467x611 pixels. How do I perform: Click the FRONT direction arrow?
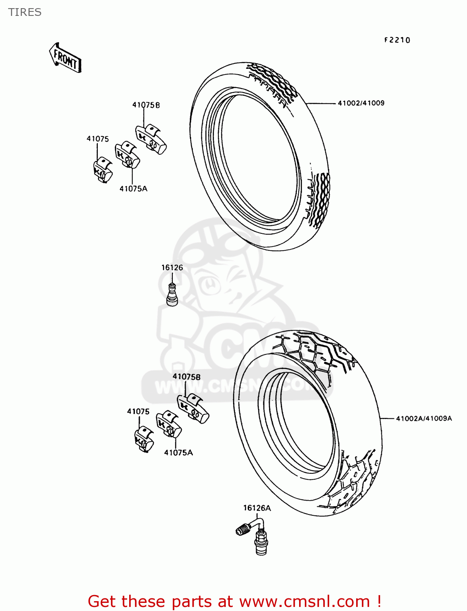(x=65, y=58)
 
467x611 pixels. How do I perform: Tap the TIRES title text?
(x=25, y=12)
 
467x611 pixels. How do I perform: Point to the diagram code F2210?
(x=397, y=40)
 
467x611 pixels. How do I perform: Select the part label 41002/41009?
(x=361, y=103)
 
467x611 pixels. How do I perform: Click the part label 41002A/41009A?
(x=424, y=418)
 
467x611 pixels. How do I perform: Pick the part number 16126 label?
(x=172, y=268)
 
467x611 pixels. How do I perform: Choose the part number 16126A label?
(x=257, y=508)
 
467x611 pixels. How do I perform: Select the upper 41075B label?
(x=146, y=105)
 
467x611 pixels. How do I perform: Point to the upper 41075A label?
(x=133, y=189)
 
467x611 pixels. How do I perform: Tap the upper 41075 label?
(x=98, y=139)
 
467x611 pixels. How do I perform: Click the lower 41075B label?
(x=186, y=377)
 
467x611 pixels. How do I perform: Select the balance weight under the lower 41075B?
(x=193, y=409)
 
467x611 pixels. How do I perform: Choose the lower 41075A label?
(x=178, y=453)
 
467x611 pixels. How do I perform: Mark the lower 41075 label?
(x=138, y=411)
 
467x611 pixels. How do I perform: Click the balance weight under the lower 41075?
(x=144, y=439)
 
